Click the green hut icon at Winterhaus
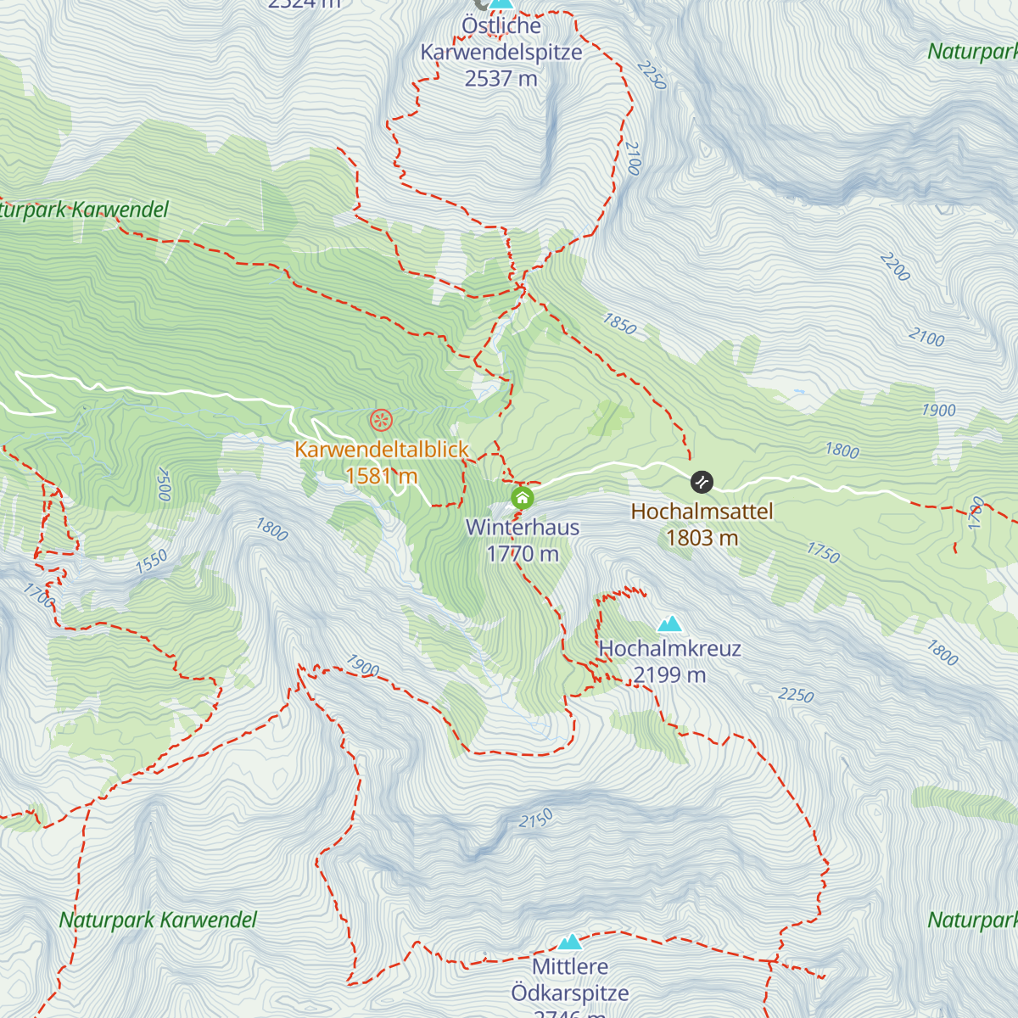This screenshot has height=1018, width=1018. click(x=523, y=497)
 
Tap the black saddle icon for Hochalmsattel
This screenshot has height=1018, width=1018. click(x=702, y=482)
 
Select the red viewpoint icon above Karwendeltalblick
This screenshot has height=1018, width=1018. click(x=382, y=419)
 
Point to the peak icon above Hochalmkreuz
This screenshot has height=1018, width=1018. click(x=670, y=624)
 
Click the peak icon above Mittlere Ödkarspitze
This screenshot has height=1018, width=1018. click(x=570, y=942)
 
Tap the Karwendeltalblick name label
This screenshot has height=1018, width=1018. click(x=382, y=450)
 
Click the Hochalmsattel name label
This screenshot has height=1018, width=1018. click(x=702, y=512)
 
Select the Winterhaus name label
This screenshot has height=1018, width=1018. click(x=523, y=528)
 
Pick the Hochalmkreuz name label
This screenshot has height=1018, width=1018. click(x=670, y=649)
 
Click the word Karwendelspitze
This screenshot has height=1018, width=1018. click(x=501, y=52)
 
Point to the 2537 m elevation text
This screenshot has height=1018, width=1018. click(x=501, y=79)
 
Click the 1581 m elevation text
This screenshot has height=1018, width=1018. click(x=382, y=476)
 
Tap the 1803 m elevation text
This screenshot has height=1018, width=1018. click(x=702, y=538)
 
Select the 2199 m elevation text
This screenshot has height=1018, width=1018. click(x=670, y=675)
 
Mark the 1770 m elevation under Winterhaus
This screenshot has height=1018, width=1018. click(x=523, y=554)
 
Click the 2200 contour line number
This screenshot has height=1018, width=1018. click(x=895, y=267)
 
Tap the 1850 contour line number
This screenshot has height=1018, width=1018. click(x=619, y=323)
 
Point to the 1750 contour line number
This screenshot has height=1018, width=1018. click(x=823, y=553)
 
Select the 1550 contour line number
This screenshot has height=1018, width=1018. click(x=152, y=562)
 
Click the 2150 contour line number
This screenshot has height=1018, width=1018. click(x=536, y=819)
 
